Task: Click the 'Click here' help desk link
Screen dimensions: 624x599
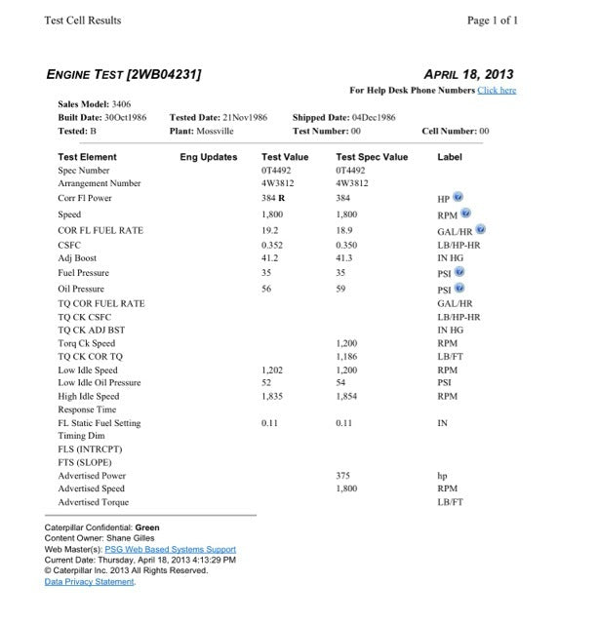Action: coord(497,91)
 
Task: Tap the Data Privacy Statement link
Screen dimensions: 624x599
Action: coord(90,582)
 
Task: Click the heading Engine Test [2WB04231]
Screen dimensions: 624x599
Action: coord(124,74)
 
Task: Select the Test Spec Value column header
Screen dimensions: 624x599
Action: coord(372,157)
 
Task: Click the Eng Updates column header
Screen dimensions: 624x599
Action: coord(209,157)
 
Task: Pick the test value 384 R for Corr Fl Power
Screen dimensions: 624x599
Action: coord(273,198)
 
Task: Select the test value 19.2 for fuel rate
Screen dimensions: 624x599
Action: coord(270,230)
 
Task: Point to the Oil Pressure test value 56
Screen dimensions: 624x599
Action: coord(266,290)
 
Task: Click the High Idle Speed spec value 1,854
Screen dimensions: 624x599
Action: coord(347,397)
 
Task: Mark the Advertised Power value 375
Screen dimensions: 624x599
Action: coord(343,476)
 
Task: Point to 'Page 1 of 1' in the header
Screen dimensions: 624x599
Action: coord(493,20)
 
